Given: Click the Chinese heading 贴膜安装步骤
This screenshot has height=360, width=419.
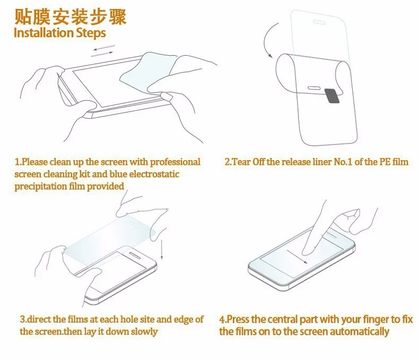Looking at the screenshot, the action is [70, 17].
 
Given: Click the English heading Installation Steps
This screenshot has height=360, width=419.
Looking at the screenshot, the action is [60, 33].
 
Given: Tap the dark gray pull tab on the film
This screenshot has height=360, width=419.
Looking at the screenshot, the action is [332, 95].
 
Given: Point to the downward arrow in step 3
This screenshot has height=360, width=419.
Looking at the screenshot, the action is [161, 249].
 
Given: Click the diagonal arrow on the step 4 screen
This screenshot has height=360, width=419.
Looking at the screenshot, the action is [297, 257].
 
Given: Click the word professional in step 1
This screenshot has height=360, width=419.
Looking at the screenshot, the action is [175, 162].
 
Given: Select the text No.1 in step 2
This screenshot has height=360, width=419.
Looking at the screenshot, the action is [343, 162].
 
